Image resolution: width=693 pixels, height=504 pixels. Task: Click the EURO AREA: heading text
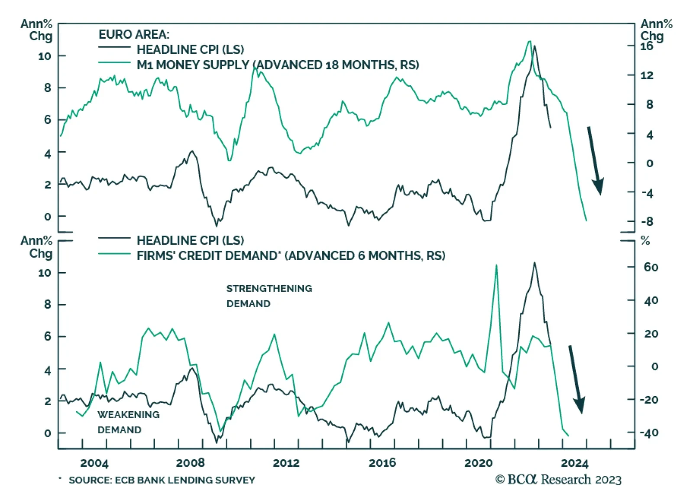point(134,34)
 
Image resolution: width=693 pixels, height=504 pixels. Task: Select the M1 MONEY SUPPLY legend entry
point(278,65)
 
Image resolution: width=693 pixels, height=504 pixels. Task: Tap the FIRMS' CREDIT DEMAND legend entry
point(291,256)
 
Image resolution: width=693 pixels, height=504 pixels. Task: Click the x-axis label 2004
point(94,463)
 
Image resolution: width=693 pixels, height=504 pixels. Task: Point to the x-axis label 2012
point(286,463)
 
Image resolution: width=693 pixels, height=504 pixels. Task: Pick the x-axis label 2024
point(574,463)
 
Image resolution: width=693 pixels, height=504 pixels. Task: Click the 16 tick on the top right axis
point(646,46)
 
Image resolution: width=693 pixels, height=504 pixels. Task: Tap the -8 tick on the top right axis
point(647,221)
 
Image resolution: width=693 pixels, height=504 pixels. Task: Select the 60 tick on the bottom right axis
point(651,267)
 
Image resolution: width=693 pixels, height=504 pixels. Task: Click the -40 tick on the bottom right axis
point(649,432)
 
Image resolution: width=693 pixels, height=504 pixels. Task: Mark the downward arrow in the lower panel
point(576,379)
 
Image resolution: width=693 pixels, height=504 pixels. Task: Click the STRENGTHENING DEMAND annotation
point(269,296)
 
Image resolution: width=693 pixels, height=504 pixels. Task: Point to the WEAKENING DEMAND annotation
point(128,422)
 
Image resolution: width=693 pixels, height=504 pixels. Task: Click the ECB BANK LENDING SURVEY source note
point(162,480)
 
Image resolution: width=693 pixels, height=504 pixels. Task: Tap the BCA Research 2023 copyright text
point(558,479)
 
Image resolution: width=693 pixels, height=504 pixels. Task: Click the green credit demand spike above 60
point(496,265)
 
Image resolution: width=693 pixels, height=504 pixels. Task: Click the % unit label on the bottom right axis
point(645,241)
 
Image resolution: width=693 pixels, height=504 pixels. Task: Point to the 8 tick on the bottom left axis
point(48,305)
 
